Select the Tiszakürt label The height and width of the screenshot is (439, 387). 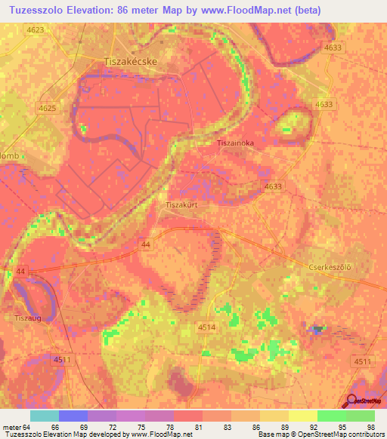[x=182, y=204]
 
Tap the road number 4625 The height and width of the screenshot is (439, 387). [x=48, y=109]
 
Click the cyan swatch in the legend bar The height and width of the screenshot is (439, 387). [x=44, y=416]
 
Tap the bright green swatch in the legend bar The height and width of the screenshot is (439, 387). [x=331, y=416]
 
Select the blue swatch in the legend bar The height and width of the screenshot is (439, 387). [x=73, y=416]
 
